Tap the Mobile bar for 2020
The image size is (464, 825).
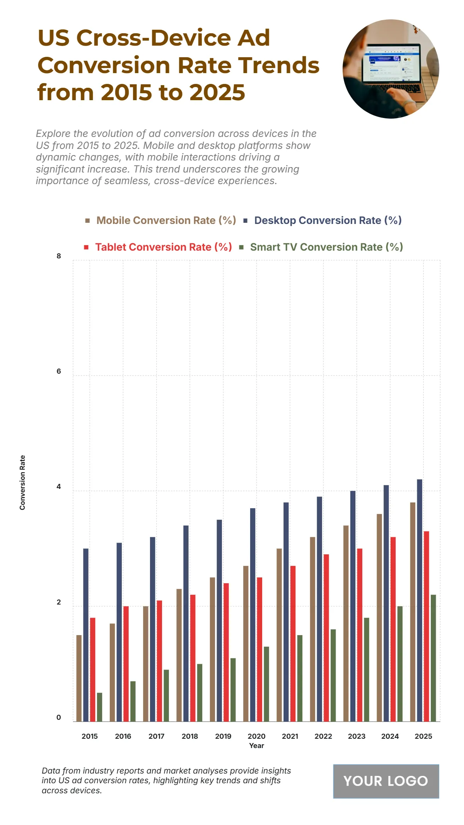point(246,644)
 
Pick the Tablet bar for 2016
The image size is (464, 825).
point(126,664)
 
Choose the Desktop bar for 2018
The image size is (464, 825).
point(186,623)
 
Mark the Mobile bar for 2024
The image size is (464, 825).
point(379,618)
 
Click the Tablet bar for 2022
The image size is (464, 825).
point(326,638)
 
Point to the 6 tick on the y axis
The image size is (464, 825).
point(59,371)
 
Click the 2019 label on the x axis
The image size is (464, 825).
point(223,736)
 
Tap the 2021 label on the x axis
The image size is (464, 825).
point(290,736)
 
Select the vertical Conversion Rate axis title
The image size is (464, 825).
point(22,482)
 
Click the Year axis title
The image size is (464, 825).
point(256,746)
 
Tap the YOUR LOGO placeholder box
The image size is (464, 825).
point(386,781)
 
